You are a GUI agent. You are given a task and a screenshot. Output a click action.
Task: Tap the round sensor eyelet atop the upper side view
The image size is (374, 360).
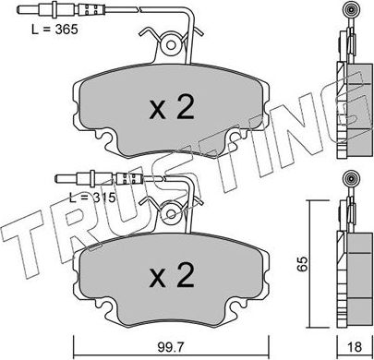(350, 12)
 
